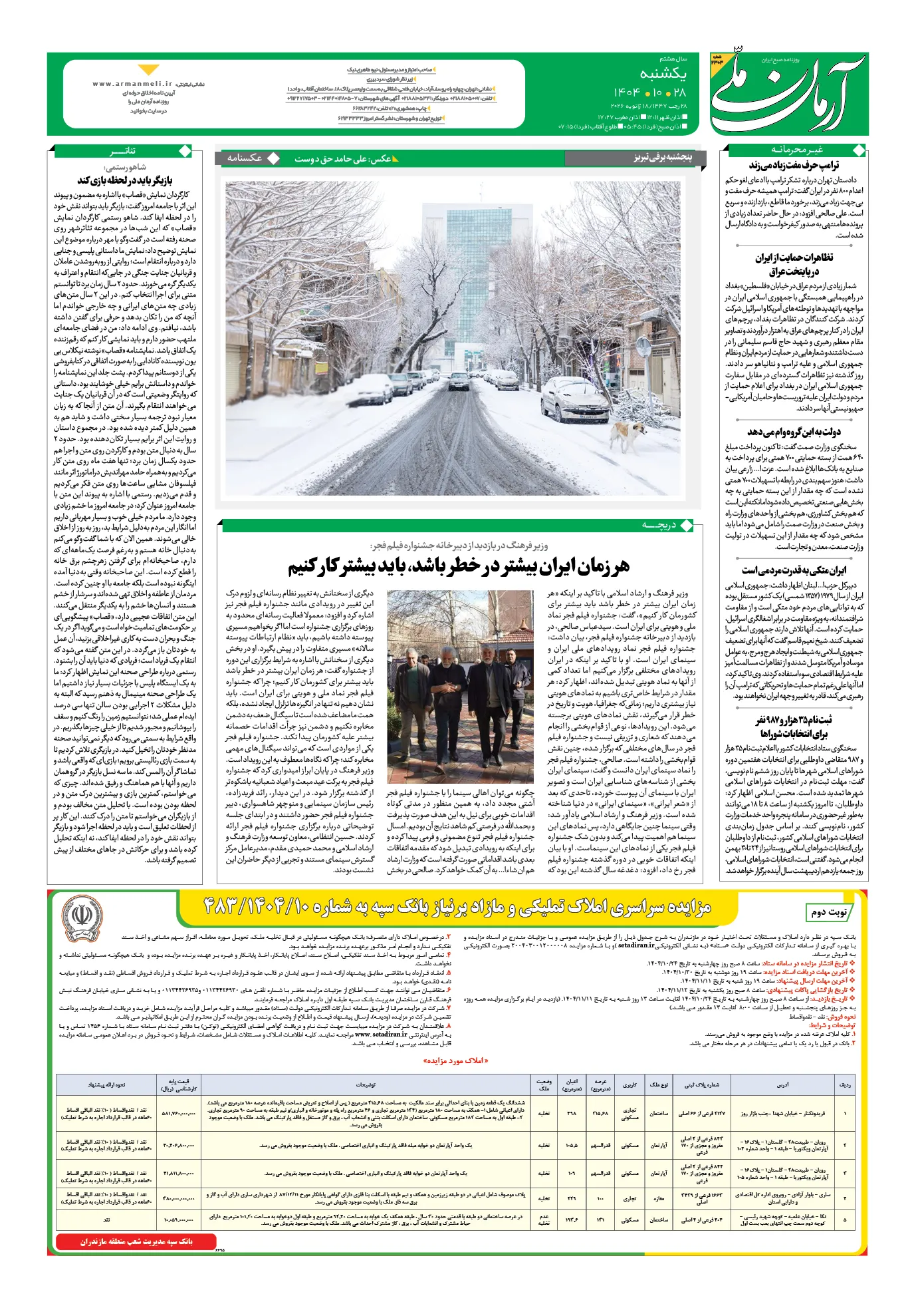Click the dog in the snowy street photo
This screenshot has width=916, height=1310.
pos(628,435)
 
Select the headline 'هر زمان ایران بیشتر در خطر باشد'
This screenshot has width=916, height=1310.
pos(458,567)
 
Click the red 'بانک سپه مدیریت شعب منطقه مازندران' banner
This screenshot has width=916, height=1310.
pos(136,1241)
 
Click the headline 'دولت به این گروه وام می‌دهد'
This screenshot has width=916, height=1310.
pos(794,432)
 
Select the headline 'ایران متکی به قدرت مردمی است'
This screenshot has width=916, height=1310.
pos(794,570)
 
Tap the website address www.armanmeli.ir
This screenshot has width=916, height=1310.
pos(132,84)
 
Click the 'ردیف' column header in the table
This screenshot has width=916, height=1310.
pos(845,1084)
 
